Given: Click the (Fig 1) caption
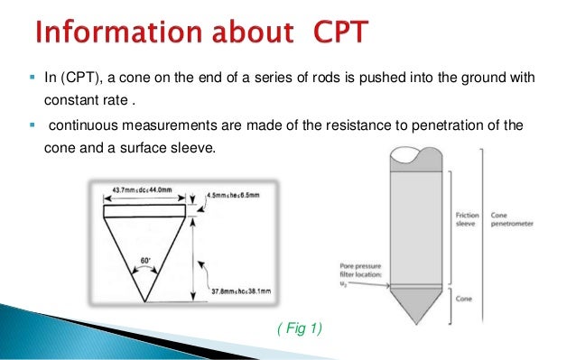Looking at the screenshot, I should click(298, 329).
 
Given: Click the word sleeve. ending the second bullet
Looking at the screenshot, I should click(195, 145).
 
